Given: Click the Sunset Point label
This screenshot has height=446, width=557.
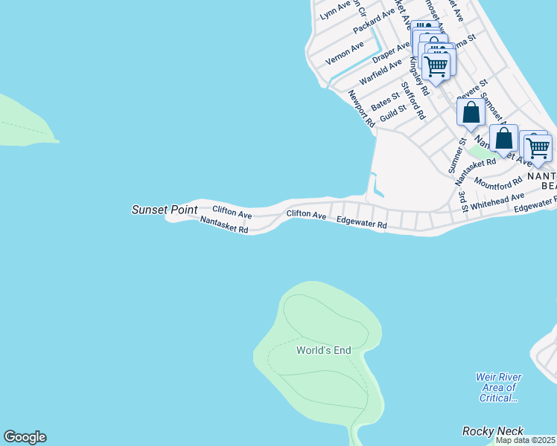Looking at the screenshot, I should (x=165, y=210).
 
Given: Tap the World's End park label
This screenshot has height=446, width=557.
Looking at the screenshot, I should (x=323, y=350).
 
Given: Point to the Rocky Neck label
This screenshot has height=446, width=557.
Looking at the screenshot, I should (x=493, y=431).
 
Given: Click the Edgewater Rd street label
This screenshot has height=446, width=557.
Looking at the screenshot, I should (x=362, y=222).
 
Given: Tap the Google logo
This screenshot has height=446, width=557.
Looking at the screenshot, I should (x=25, y=437).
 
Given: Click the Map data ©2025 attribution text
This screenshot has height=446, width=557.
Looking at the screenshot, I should (x=526, y=440).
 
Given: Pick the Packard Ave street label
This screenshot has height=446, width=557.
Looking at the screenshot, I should (x=374, y=23).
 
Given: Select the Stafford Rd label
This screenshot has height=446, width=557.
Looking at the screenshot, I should (x=413, y=100).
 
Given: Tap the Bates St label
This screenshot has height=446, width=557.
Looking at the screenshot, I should (x=386, y=102).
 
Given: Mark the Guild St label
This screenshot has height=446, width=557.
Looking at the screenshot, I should (x=392, y=114).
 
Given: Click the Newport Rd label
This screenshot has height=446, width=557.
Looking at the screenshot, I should (x=361, y=109).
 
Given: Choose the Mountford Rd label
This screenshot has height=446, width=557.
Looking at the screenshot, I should (x=498, y=184).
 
